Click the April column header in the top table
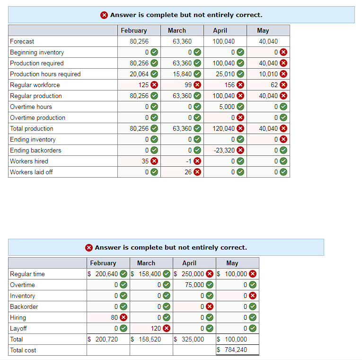point(220,30)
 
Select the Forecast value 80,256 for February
point(139,41)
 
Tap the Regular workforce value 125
point(143,85)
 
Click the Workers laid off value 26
point(188,172)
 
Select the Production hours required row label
point(45,74)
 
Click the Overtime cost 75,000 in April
point(194,285)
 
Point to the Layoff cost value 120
point(156,328)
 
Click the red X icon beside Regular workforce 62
point(283,85)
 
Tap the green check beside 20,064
point(154,74)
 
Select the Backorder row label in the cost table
point(24,306)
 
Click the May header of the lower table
point(232,263)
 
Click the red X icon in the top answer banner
point(104,15)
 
